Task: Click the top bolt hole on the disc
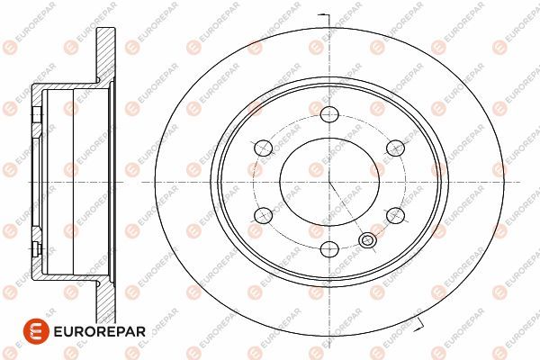(329, 114)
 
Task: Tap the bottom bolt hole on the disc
(329, 248)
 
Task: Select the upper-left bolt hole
(263, 148)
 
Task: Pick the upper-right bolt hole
(395, 148)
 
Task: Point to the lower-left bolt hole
(263, 215)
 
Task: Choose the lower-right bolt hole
(395, 215)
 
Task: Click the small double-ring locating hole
(367, 239)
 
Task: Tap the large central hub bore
(329, 182)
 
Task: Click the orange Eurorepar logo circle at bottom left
(36, 331)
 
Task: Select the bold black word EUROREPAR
(100, 331)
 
